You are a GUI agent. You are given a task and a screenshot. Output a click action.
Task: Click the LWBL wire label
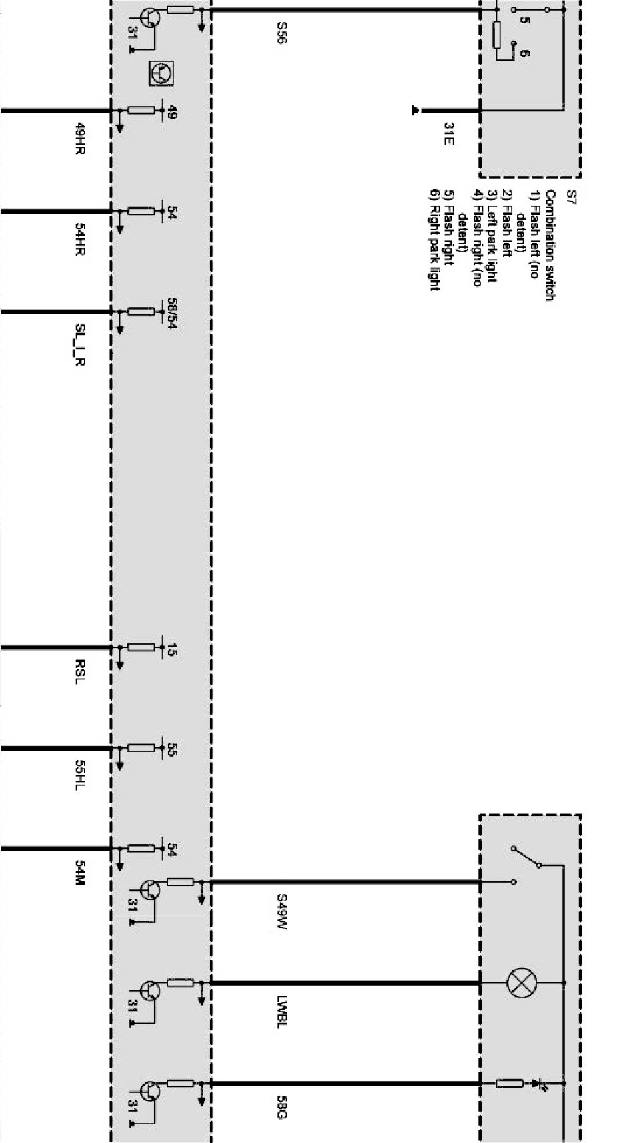pos(281,1012)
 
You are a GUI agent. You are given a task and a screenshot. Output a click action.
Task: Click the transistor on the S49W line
pos(150,889)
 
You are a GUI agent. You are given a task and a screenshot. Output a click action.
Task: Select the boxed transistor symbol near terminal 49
pos(161,73)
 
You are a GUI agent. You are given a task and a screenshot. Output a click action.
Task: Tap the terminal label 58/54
pos(171,315)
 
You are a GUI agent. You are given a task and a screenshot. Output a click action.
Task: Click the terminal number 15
pos(171,649)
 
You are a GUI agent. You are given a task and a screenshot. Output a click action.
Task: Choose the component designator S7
pos(571,196)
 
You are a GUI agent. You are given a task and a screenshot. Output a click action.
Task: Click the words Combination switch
pos(550,245)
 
